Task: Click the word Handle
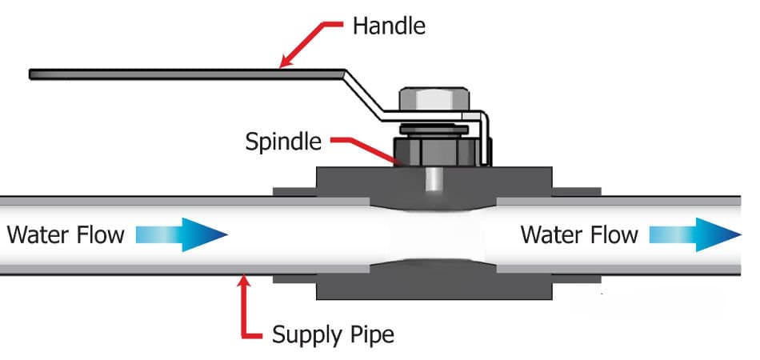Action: point(389,26)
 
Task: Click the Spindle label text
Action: point(284,142)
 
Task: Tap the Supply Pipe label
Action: point(333,332)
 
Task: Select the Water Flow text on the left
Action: point(66,234)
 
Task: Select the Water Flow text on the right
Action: point(579,234)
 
